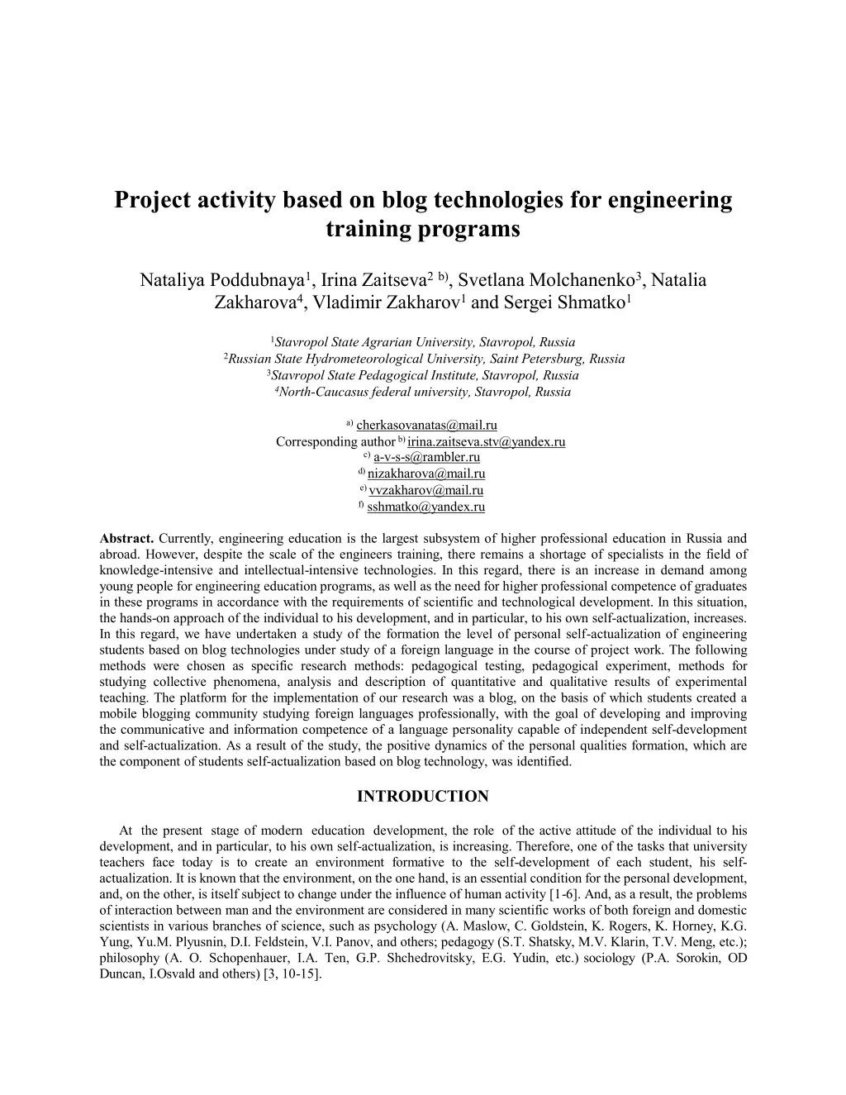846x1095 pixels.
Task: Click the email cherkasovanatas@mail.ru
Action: pos(426,426)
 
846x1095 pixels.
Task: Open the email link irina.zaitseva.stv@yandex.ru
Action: pos(487,442)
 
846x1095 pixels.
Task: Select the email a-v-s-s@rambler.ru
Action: pos(426,458)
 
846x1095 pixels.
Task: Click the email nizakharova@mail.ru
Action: pos(426,474)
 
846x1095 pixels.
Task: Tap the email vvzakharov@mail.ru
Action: pos(426,491)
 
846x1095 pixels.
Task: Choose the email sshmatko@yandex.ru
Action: pos(426,507)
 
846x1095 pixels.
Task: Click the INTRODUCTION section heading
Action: pos(422,797)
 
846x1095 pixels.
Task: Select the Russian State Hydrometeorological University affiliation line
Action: pos(425,359)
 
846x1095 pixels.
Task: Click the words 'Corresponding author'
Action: pos(335,442)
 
